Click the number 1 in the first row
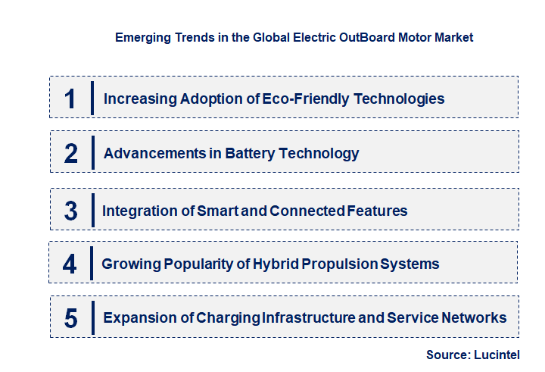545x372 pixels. pyautogui.click(x=70, y=98)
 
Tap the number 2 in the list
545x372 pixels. pyautogui.click(x=70, y=153)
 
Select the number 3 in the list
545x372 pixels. pyautogui.click(x=70, y=211)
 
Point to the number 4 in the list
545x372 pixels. pyautogui.click(x=70, y=264)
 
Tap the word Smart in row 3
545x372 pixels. pyautogui.click(x=220, y=211)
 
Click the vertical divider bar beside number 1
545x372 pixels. pyautogui.click(x=92, y=98)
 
